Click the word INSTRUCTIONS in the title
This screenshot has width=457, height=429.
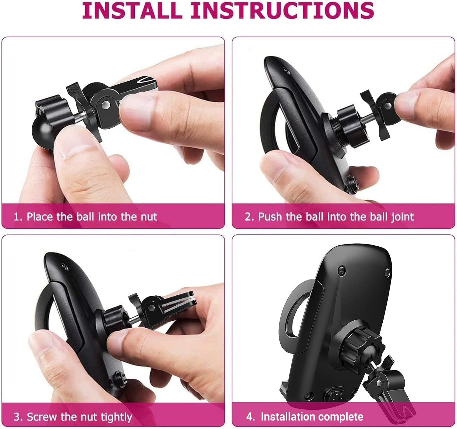[x=283, y=11]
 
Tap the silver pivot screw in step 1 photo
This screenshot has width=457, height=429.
[x=106, y=105]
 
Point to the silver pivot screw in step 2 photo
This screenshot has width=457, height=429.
[x=388, y=105]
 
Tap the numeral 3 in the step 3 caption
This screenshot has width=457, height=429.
[x=17, y=417]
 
